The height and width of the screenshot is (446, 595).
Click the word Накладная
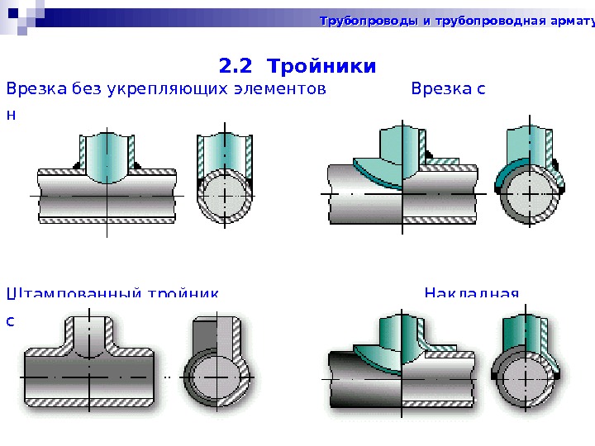tap(471, 294)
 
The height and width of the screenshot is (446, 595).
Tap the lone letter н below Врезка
tap(11, 116)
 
